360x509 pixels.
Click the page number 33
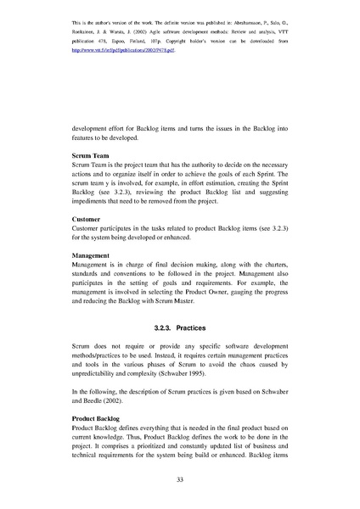tap(179, 481)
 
